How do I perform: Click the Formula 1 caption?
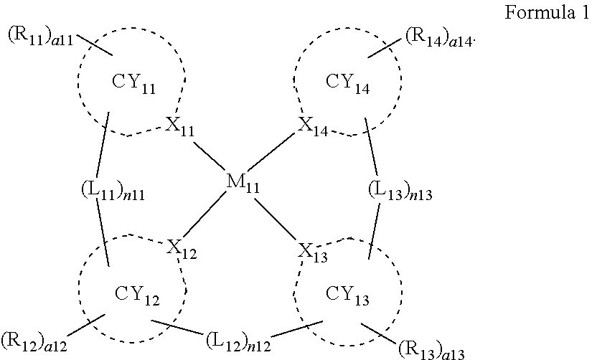click(x=548, y=14)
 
